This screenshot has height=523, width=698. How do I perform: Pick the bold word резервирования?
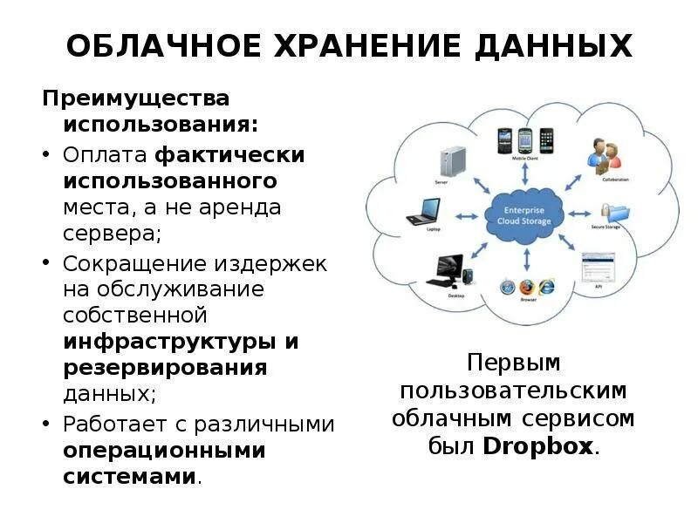(165, 367)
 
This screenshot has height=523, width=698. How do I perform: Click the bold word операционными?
(164, 451)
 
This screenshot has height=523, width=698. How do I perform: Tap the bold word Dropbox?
(537, 448)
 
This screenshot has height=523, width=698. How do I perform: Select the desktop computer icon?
(447, 270)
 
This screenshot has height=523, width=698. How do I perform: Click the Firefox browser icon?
(526, 286)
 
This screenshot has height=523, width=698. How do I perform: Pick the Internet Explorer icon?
(546, 286)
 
